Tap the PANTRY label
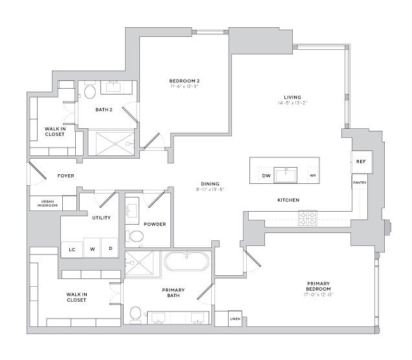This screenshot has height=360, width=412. [361, 183]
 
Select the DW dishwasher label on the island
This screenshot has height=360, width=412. [266, 175]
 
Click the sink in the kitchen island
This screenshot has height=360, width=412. [286, 175]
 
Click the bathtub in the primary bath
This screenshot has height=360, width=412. [187, 263]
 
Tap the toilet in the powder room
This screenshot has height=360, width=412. [136, 236]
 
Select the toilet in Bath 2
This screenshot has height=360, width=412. [89, 92]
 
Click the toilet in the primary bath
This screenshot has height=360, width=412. [135, 315]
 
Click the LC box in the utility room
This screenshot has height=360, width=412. [72, 249]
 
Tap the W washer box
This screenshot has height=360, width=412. [92, 249]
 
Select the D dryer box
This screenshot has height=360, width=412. [110, 249]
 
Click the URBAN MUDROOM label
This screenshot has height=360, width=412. [48, 203]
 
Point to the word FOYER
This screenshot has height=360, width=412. [65, 175]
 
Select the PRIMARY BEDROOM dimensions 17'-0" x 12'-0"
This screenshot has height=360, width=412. [319, 295]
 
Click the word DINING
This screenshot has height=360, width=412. [209, 183]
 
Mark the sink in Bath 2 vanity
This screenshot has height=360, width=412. [118, 86]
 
